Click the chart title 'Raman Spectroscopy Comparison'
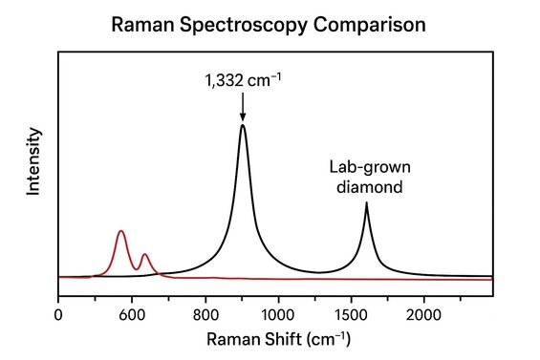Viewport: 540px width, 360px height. click(270, 22)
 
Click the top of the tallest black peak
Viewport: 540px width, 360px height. click(243, 125)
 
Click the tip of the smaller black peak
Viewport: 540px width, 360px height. click(366, 203)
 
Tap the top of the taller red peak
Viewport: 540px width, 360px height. click(120, 231)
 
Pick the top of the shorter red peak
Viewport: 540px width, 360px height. click(144, 254)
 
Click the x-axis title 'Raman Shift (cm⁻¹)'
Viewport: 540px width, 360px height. click(270, 338)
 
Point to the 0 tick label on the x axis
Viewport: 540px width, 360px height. click(58, 312)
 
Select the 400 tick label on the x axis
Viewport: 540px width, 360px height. click(131, 312)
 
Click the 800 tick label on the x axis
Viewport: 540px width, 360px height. click(205, 312)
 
